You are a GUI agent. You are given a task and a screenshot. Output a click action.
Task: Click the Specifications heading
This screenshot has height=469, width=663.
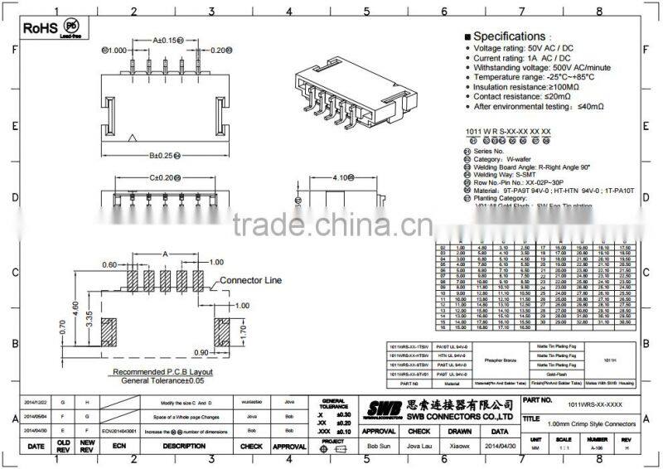click(x=509, y=36)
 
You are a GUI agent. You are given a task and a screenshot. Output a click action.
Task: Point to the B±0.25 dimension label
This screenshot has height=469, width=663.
click(x=165, y=155)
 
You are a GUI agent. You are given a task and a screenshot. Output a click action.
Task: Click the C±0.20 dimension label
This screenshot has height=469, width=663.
click(x=165, y=177)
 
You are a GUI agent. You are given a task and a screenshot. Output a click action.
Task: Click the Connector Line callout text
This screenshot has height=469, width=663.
click(x=251, y=281)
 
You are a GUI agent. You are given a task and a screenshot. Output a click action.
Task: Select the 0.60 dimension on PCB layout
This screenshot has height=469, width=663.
click(x=109, y=265)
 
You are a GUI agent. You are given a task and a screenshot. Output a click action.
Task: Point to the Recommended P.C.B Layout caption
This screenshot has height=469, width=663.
click(x=162, y=372)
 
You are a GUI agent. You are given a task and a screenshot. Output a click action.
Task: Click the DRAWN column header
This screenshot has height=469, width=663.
click(x=459, y=431)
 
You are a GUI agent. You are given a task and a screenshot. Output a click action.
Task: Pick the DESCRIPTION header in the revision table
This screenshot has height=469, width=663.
click(x=183, y=446)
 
